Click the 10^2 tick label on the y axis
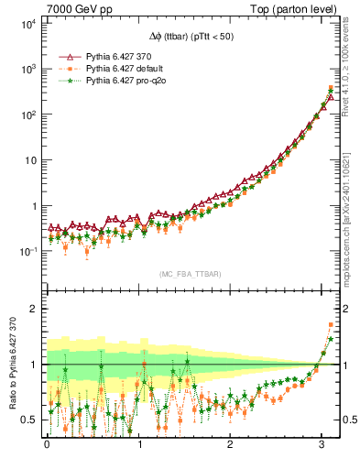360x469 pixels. pos(29,115)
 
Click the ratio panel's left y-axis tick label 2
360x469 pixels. pos(36,309)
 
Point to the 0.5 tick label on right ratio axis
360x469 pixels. pos(348,420)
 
